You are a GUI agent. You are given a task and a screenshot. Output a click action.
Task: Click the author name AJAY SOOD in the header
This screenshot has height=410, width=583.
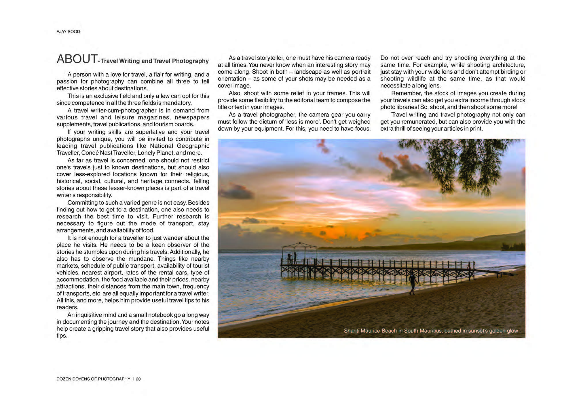coord(68,32)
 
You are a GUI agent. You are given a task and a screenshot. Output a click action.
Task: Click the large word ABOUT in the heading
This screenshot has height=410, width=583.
coord(77,59)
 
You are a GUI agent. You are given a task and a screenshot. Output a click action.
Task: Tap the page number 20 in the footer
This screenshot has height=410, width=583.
coord(138,379)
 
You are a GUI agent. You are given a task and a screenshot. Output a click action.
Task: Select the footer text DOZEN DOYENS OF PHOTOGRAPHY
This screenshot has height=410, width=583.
coord(93,379)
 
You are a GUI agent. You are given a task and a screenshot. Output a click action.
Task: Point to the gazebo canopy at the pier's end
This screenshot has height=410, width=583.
coord(299,245)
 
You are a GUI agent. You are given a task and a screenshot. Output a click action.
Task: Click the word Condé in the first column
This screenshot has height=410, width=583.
coord(90,153)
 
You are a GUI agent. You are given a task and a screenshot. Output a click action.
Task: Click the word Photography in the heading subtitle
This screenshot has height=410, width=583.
coord(190,61)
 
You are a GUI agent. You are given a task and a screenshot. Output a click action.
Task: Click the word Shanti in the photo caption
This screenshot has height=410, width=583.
coord(351,331)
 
